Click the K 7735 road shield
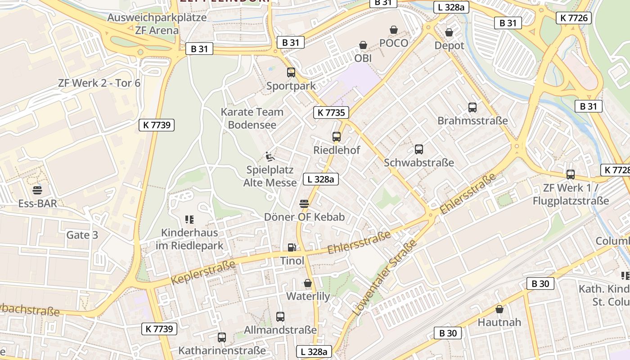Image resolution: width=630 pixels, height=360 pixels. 331,112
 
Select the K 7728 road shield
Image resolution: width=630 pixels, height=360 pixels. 615,170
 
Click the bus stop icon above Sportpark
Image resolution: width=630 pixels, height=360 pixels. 291,72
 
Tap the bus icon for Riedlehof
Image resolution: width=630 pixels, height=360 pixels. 336,137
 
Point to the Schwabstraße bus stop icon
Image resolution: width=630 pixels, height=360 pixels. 419,149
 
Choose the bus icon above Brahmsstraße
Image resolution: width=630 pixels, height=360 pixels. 472,108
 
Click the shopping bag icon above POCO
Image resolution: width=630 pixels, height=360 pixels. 394,30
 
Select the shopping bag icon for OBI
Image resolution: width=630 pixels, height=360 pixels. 363,45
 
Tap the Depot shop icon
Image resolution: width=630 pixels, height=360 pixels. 449,32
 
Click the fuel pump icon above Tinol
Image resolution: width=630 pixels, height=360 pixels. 292,247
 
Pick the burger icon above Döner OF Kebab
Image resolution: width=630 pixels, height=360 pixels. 304,203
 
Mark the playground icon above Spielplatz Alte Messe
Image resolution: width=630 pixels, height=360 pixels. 270,156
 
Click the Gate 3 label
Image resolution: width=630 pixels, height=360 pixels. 82,235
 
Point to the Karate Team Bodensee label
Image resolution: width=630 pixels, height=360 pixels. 252,118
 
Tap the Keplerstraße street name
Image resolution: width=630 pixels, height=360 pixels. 203,273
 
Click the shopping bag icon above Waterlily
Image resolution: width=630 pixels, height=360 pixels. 308,283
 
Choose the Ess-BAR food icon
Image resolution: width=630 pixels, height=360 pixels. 37,190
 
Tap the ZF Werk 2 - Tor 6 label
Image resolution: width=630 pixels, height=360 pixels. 99,83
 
